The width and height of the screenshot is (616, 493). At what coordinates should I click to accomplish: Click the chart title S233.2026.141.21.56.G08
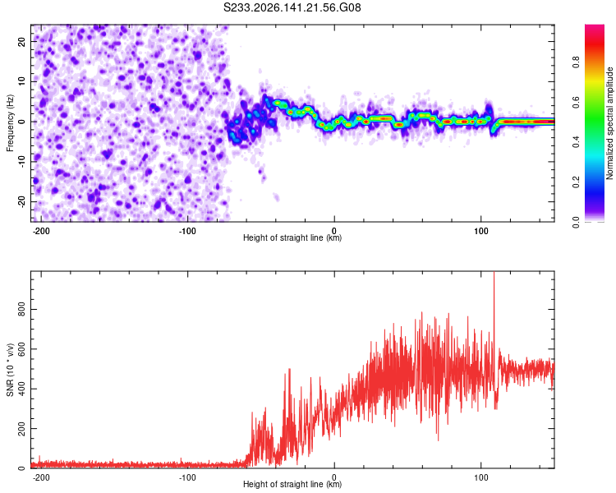coord(292,7)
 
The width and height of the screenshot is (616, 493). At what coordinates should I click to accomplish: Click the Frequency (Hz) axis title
coord(10,123)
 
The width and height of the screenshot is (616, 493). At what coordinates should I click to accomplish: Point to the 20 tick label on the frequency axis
coord(21,41)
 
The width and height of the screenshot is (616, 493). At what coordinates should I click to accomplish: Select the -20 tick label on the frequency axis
coord(21,202)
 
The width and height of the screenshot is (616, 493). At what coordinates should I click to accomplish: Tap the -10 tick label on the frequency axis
coord(21,162)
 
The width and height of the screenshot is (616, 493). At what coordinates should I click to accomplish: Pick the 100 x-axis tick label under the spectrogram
coord(480,231)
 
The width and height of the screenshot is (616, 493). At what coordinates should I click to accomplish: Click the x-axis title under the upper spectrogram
coord(292,237)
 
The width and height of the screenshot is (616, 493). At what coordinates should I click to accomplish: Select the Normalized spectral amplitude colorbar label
coord(609,123)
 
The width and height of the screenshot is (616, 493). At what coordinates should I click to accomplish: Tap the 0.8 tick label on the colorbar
coord(576,62)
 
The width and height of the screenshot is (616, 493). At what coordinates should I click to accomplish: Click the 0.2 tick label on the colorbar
coord(576,182)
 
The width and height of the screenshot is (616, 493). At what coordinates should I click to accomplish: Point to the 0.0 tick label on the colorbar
coord(576,223)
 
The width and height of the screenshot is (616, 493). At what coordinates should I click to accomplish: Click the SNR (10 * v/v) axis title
coord(10,370)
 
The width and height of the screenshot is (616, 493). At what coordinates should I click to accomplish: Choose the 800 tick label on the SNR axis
coord(21,310)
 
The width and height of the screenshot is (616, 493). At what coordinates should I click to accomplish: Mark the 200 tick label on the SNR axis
coord(21,429)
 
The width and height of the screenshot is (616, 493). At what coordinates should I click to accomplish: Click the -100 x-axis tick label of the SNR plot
coord(187,477)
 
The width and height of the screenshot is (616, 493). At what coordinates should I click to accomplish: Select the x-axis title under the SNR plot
coord(292,484)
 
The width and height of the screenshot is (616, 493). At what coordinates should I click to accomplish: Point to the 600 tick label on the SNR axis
coord(21,349)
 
